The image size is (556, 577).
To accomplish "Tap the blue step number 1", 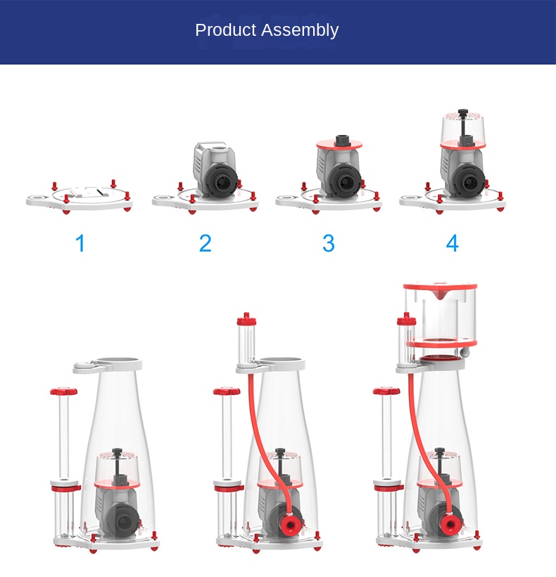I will tap(80, 244).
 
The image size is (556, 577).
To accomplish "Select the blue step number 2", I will tap(205, 244).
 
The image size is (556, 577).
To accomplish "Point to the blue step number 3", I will tap(329, 244).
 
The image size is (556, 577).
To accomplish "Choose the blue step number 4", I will tap(452, 244).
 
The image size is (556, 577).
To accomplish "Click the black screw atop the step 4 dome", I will tap(463, 112).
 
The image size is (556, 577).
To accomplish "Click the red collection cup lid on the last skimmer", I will tap(439, 287).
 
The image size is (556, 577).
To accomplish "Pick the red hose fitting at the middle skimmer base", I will tap(288, 525).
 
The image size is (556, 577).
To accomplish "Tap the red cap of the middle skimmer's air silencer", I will tap(246, 318).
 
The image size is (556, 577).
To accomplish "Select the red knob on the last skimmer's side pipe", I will tap(386, 391).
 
